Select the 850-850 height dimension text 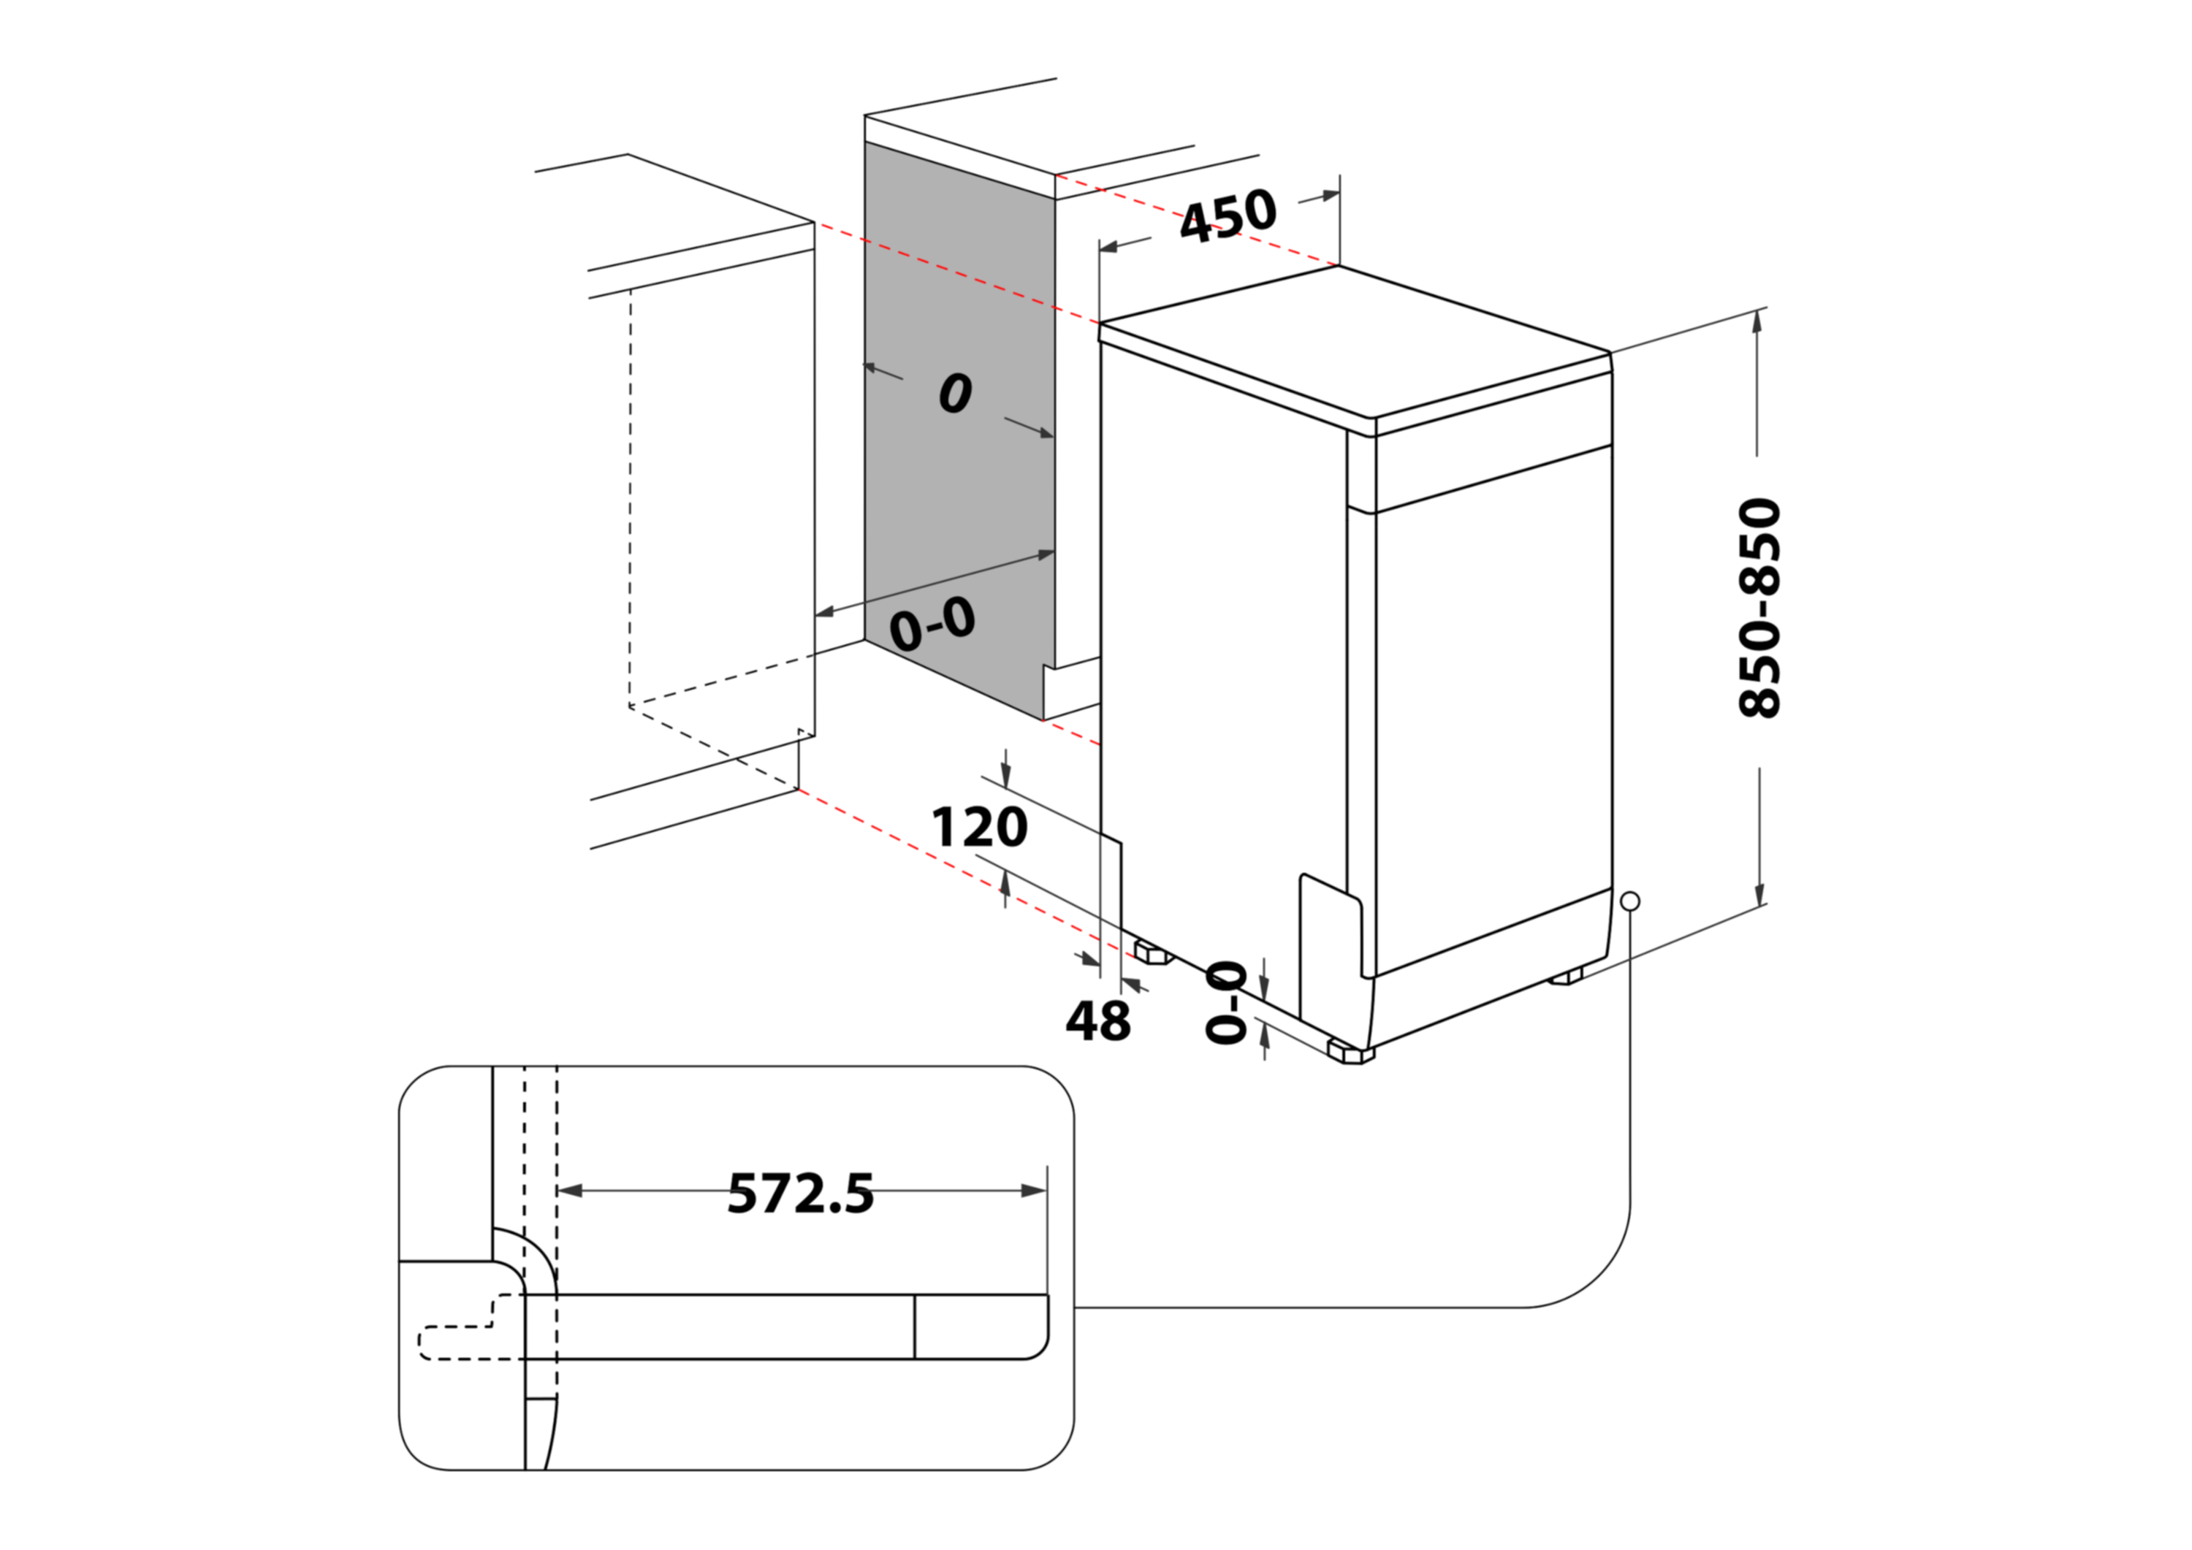click(x=1759, y=608)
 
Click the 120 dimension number click(x=980, y=828)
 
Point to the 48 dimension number click(x=1098, y=1020)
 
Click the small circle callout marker click(x=1631, y=901)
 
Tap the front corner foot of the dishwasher click(x=1351, y=1054)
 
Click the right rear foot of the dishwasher click(x=1566, y=977)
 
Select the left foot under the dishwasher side click(x=1152, y=952)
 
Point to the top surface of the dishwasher click(x=1355, y=343)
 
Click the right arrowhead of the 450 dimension click(x=1329, y=196)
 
